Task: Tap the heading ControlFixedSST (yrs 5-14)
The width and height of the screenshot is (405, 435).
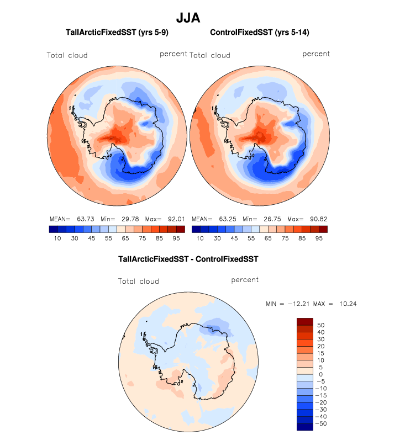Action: click(260, 33)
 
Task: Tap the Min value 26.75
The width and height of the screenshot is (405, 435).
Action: click(269, 219)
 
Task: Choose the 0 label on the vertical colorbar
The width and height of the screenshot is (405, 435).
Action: click(320, 374)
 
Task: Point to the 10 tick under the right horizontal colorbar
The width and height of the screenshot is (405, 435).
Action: click(200, 238)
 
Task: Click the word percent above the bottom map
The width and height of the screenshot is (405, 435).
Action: click(245, 280)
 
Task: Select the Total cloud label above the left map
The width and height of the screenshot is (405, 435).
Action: click(67, 55)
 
